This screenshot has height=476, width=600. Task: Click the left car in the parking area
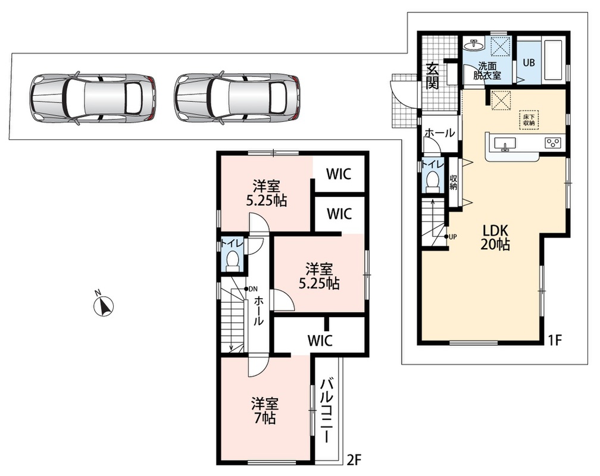tap(92, 98)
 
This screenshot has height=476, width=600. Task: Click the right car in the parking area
tap(237, 98)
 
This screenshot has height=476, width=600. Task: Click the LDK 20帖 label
tap(495, 237)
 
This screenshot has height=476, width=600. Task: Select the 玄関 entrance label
tap(432, 76)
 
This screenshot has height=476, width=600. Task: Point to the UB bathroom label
tap(529, 62)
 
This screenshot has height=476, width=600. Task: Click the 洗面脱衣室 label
tap(487, 70)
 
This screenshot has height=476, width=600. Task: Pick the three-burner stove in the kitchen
tap(552, 143)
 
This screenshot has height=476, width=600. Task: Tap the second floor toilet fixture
tap(232, 260)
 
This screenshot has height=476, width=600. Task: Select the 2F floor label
tap(354, 458)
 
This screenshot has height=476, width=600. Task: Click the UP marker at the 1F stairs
tap(451, 236)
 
